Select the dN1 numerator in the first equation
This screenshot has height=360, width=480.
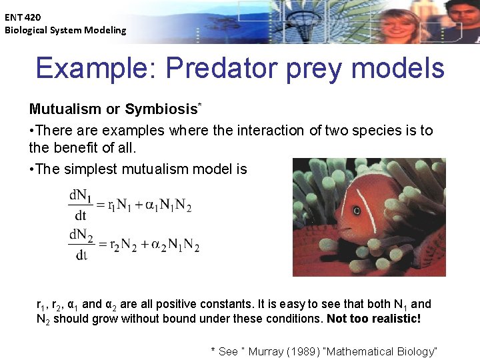coord(81,196)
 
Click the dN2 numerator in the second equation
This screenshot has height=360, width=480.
coord(81,235)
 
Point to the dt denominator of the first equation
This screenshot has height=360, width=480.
coord(81,216)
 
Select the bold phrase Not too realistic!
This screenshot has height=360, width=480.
coord(374,319)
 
